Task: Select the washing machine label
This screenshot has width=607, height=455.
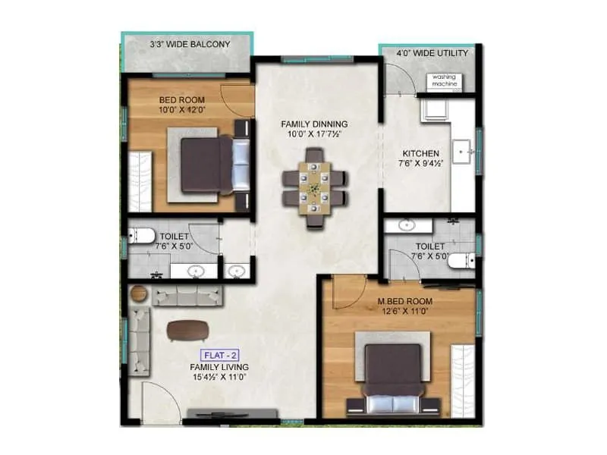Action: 445,80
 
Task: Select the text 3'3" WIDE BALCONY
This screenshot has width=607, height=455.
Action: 189,45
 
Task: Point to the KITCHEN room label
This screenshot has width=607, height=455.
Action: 420,153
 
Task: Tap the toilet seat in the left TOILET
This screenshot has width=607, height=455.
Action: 139,235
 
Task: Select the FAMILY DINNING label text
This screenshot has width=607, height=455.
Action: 314,124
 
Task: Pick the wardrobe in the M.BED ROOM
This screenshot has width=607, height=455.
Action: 463,377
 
